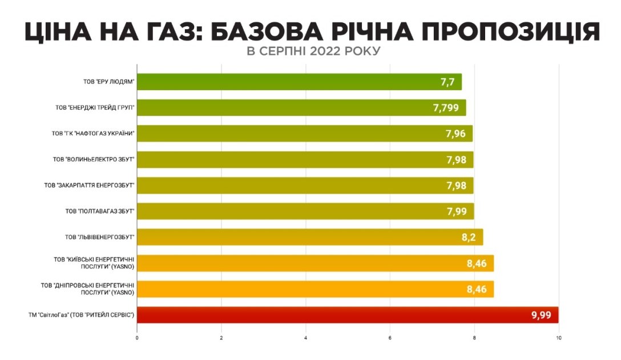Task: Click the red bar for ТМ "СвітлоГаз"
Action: pyautogui.click(x=347, y=315)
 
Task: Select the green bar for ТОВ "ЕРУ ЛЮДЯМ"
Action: pyautogui.click(x=299, y=82)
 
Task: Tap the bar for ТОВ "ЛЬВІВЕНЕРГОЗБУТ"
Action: pyautogui.click(x=310, y=237)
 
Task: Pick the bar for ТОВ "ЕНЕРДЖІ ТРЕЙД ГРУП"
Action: pyautogui.click(x=301, y=107)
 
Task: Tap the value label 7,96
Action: pyautogui.click(x=456, y=134)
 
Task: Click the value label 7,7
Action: pyautogui.click(x=447, y=82)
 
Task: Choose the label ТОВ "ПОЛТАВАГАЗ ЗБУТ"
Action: pyautogui.click(x=99, y=211)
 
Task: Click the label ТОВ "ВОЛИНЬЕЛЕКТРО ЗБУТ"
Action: pyautogui.click(x=93, y=159)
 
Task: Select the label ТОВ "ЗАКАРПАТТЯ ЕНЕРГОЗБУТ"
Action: pyautogui.click(x=89, y=185)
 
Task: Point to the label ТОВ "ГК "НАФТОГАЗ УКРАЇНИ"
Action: pyautogui.click(x=93, y=134)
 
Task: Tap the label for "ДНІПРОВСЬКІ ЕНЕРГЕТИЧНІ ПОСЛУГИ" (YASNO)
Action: pyautogui.click(x=87, y=289)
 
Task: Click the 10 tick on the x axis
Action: pyautogui.click(x=558, y=338)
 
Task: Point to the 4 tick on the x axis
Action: pyautogui.click(x=306, y=338)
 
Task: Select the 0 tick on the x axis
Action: pyautogui.click(x=138, y=338)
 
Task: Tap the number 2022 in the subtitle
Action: pyautogui.click(x=322, y=51)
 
